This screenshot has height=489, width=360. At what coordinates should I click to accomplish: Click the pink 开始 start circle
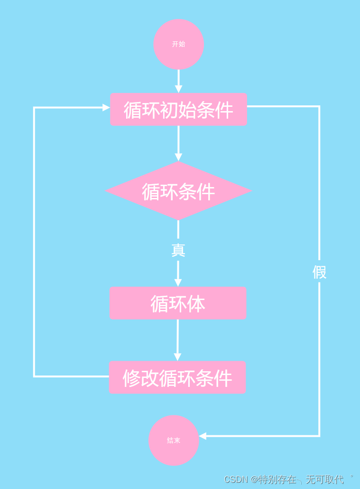pyautogui.click(x=178, y=44)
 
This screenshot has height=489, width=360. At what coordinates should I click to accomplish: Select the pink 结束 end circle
pyautogui.click(x=174, y=441)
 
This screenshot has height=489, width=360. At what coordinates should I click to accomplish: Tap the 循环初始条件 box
pyautogui.click(x=178, y=110)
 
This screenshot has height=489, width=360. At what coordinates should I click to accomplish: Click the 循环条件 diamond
pyautogui.click(x=178, y=191)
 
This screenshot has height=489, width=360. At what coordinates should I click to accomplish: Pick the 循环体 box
pyautogui.click(x=178, y=303)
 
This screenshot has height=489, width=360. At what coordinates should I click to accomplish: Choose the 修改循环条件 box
pyautogui.click(x=177, y=378)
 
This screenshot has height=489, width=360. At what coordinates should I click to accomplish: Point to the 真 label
pyautogui.click(x=178, y=250)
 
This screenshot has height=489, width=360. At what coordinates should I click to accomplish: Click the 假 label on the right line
pyautogui.click(x=319, y=272)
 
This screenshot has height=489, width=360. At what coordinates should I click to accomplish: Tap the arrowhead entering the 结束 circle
pyautogui.click(x=203, y=436)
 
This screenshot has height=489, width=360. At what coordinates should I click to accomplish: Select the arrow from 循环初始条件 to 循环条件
pyautogui.click(x=178, y=142)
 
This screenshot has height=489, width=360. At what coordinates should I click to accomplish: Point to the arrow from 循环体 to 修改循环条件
pyautogui.click(x=178, y=339)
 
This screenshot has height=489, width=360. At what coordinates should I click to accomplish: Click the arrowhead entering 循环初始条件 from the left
pyautogui.click(x=106, y=108)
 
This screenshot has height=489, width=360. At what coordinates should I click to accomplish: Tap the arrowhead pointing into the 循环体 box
pyautogui.click(x=178, y=282)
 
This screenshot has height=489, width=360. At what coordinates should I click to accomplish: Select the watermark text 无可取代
pyautogui.click(x=324, y=480)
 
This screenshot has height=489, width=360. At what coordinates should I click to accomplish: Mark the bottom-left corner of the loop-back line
pyautogui.click(x=34, y=376)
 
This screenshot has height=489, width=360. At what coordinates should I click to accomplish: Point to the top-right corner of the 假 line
pyautogui.click(x=319, y=106)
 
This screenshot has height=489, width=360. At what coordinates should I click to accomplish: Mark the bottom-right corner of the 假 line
pyautogui.click(x=319, y=436)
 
